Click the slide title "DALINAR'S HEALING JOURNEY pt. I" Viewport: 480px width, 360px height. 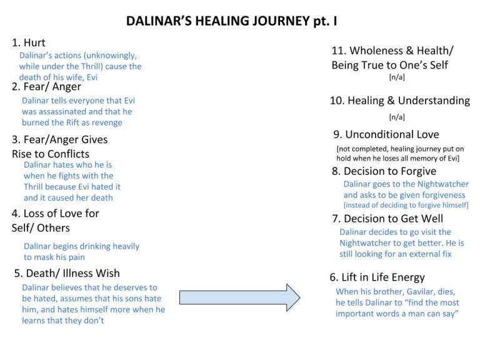pos(232,21)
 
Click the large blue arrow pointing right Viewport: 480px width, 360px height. pos(240,297)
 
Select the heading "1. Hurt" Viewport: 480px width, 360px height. pos(29,42)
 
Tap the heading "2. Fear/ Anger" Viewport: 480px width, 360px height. pos(46,87)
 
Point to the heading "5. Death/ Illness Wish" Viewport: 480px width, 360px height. pos(67,273)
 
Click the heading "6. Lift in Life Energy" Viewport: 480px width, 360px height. pos(377,277)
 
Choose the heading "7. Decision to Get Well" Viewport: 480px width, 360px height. pos(387,218)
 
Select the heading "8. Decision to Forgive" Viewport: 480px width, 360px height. pos(384,171)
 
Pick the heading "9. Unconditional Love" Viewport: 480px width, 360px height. pos(386,134)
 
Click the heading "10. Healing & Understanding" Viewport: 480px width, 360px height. pos(400,101)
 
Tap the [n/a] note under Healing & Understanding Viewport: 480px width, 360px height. pos(397,117)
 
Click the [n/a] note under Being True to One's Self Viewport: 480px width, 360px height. pos(397,78)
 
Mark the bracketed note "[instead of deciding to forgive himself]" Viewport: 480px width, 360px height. pos(406,205)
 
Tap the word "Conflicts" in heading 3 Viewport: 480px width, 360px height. pos(67,154)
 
